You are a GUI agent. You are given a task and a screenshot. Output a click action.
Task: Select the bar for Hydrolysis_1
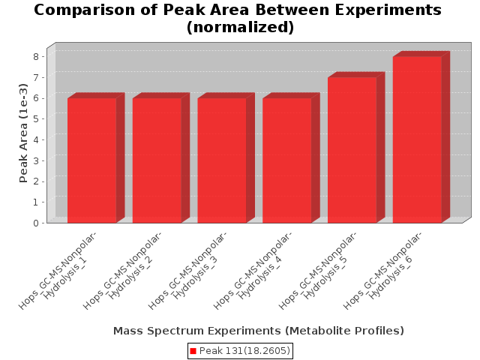click(x=91, y=160)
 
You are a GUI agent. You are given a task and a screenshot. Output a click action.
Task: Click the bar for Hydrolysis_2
click(x=157, y=160)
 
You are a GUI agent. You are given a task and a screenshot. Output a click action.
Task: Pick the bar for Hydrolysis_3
click(x=222, y=160)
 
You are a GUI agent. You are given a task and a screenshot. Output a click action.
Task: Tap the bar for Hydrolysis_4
click(x=287, y=160)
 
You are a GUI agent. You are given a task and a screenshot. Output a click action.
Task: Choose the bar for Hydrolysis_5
click(x=352, y=150)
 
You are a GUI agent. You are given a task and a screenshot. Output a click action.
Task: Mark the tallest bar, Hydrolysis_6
click(x=417, y=139)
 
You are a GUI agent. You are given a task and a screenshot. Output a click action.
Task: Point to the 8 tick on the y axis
click(x=36, y=56)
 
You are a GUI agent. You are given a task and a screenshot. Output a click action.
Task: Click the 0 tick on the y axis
click(x=36, y=223)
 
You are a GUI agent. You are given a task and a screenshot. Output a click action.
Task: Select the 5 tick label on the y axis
click(x=36, y=118)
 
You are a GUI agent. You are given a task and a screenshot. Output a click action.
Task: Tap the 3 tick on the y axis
click(x=36, y=160)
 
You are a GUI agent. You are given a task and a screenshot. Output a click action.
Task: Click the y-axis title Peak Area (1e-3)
click(x=23, y=133)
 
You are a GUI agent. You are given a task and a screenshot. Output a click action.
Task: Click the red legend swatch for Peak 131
click(x=193, y=351)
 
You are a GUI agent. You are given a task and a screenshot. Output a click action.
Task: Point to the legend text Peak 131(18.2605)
click(x=244, y=351)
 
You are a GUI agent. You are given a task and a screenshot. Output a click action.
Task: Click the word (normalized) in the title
click(x=240, y=27)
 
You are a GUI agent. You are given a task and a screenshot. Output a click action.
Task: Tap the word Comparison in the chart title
click(x=85, y=10)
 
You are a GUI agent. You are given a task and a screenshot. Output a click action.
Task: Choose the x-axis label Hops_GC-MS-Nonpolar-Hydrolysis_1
click(x=58, y=271)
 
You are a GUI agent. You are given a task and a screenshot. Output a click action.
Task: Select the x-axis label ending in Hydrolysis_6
click(x=382, y=271)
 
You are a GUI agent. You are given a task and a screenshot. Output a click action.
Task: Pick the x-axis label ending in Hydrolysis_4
click(x=253, y=271)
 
